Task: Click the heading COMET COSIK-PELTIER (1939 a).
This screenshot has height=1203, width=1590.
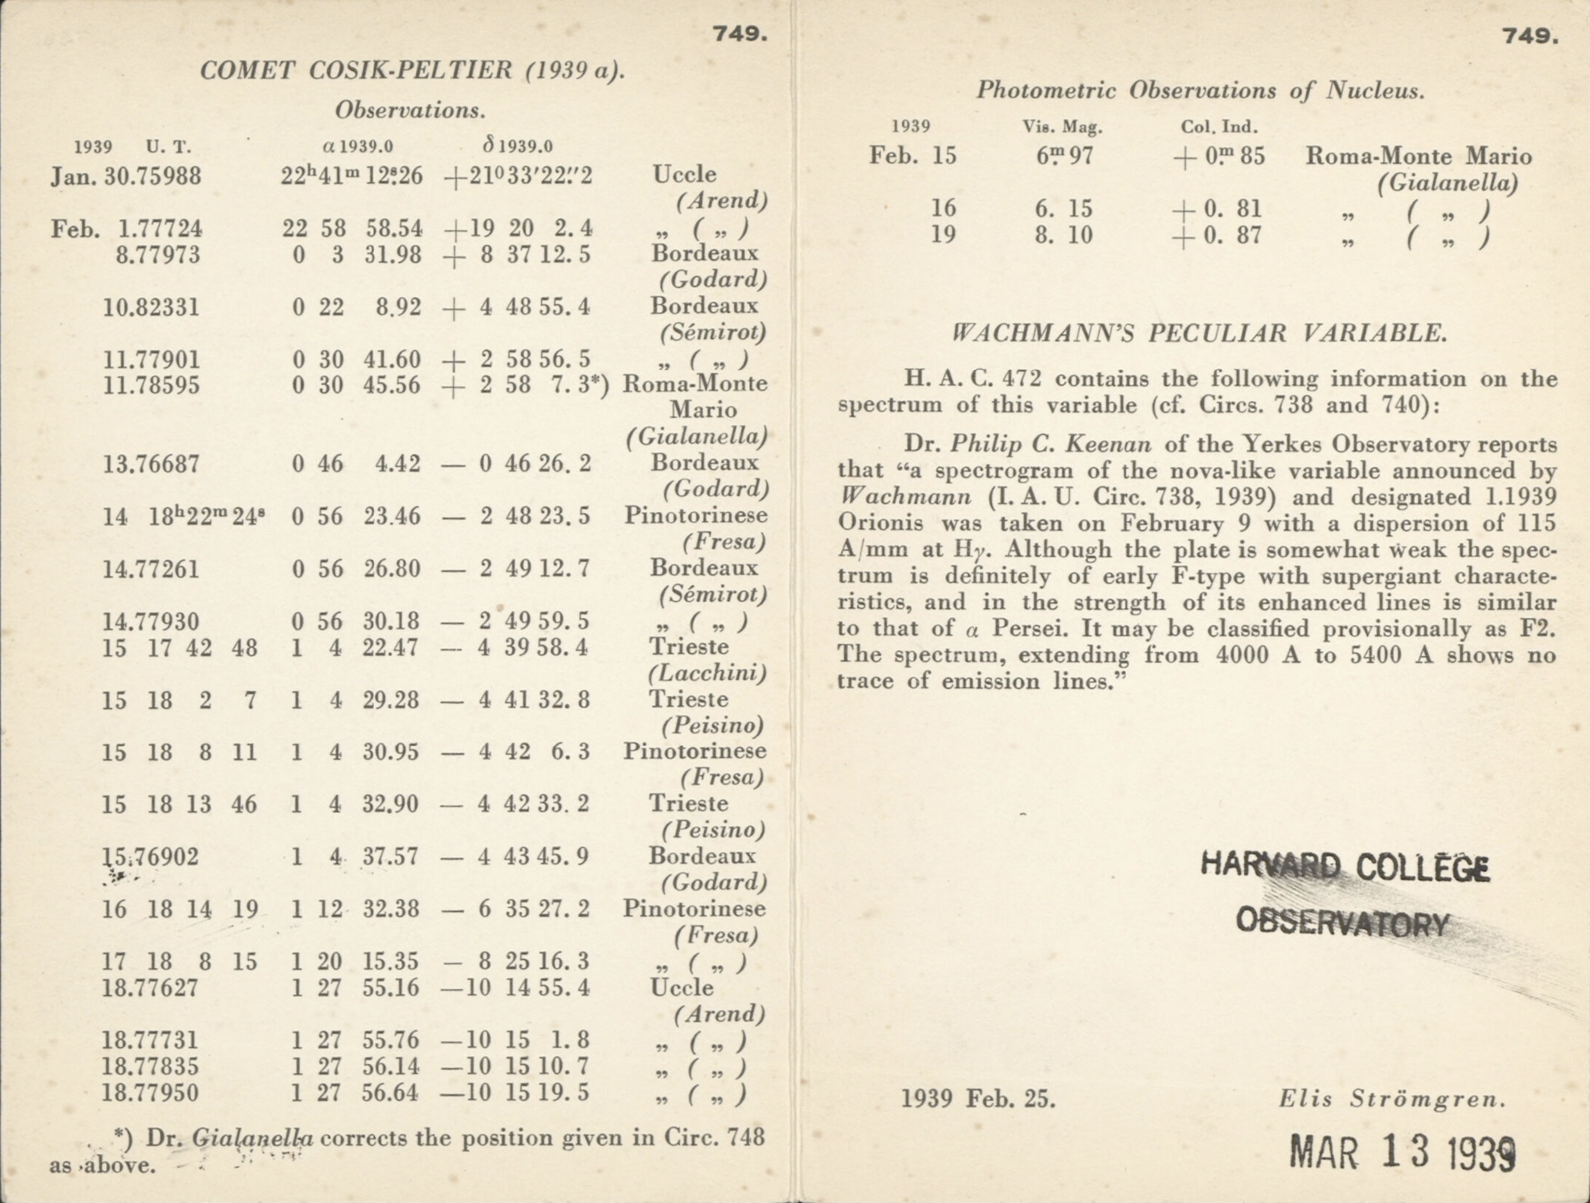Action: (x=412, y=71)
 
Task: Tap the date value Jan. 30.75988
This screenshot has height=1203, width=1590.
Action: (x=126, y=176)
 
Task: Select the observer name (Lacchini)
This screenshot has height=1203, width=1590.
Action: (x=707, y=674)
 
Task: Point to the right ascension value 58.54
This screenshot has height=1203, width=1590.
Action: (x=394, y=228)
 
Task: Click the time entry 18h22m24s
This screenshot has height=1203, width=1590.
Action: (x=206, y=517)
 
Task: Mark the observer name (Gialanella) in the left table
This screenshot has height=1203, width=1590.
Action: (x=696, y=436)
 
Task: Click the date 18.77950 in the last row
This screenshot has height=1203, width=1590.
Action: (x=150, y=1093)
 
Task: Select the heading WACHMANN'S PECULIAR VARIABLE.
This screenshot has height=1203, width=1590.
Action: (x=1199, y=334)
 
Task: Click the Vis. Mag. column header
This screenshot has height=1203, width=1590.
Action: (x=1062, y=127)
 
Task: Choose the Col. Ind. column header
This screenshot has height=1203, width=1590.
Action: (x=1219, y=127)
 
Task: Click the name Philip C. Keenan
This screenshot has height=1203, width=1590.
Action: (x=1051, y=444)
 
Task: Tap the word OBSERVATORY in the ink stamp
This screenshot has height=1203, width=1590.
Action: (x=1343, y=923)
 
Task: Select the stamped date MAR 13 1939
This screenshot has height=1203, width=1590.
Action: (x=1401, y=1152)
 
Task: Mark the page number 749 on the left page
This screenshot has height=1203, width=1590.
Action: (x=740, y=34)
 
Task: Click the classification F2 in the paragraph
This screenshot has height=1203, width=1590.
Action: (x=1538, y=628)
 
